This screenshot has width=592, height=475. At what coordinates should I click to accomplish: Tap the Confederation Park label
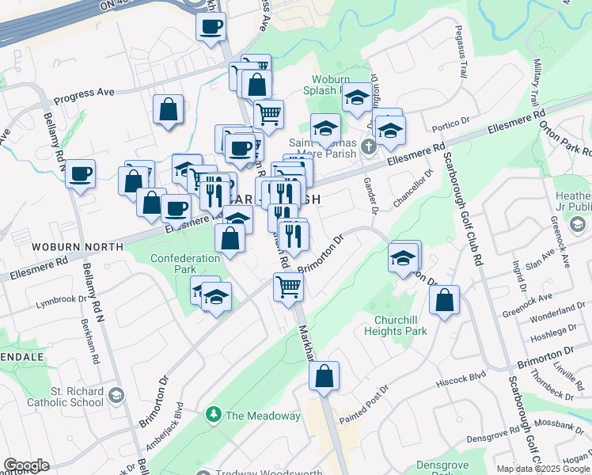tap(185, 264)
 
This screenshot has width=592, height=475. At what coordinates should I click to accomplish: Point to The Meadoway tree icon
tap(213, 415)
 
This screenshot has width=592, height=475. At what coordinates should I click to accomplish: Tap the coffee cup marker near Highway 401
tap(211, 28)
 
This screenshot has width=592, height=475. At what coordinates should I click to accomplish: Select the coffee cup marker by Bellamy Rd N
tap(81, 174)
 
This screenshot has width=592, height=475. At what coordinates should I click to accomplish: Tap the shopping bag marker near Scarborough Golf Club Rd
tap(445, 300)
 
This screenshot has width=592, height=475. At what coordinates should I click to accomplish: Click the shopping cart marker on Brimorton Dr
tap(289, 287)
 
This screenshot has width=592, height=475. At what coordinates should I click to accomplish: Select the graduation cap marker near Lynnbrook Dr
tap(214, 297)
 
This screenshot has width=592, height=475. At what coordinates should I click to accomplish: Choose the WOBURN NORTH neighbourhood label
tap(78, 247)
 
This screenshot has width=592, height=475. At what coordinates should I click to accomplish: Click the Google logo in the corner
tap(26, 465)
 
